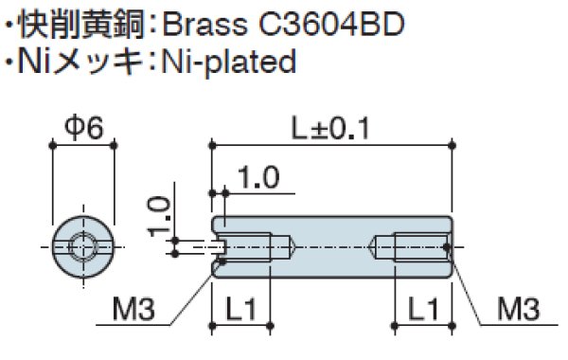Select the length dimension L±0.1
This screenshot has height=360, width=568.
coord(333,126)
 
